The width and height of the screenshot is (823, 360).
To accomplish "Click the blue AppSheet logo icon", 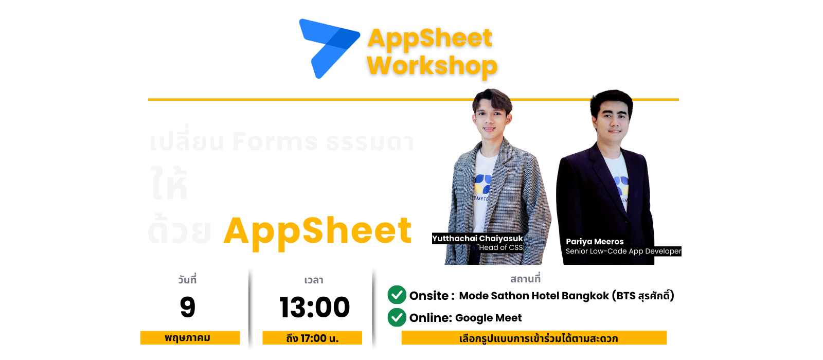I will pyautogui.click(x=328, y=47).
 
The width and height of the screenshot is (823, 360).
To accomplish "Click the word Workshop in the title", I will pyautogui.click(x=432, y=66).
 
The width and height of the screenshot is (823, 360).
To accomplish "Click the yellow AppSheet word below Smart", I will pyautogui.click(x=317, y=231).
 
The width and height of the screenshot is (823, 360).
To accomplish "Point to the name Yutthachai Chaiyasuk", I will pyautogui.click(x=477, y=239).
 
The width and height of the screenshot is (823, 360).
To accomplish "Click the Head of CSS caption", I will pyautogui.click(x=500, y=248).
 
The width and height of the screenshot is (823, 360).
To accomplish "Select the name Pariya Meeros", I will pyautogui.click(x=595, y=242).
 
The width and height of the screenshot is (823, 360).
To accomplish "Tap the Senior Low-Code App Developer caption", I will pyautogui.click(x=623, y=251).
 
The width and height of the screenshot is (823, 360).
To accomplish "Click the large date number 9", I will pyautogui.click(x=188, y=308).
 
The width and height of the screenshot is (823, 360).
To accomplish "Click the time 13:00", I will pyautogui.click(x=314, y=308).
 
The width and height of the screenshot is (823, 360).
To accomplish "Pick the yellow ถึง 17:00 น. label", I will pyautogui.click(x=312, y=338).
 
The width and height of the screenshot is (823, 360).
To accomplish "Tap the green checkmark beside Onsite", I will pyautogui.click(x=397, y=295).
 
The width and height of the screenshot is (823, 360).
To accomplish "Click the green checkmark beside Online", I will pyautogui.click(x=397, y=317).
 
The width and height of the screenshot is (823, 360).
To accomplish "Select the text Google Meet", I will pyautogui.click(x=488, y=318).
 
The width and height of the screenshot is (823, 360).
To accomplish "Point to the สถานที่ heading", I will pyautogui.click(x=525, y=279).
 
